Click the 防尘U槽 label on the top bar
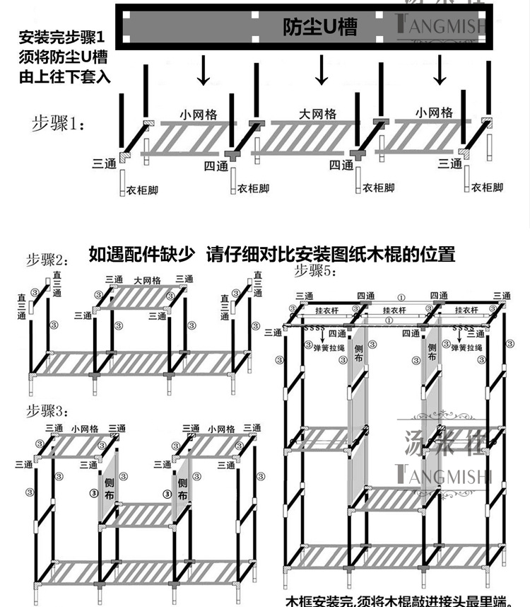[x=319, y=28]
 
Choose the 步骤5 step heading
[x=316, y=270]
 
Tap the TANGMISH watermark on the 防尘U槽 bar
[x=439, y=28]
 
